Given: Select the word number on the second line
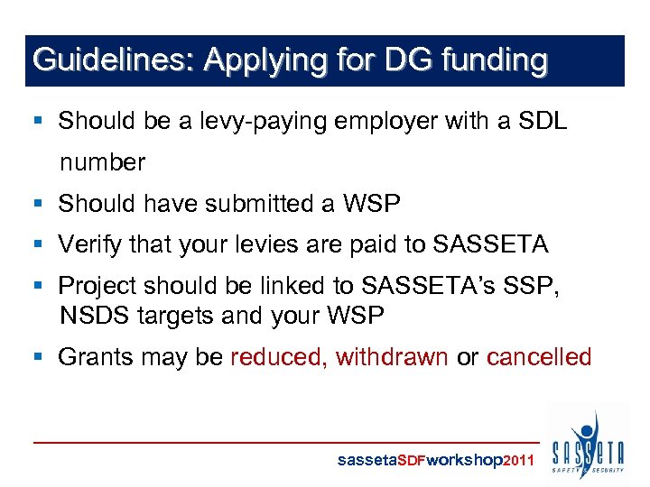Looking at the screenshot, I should point(102,162).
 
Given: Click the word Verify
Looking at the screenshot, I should point(88,244).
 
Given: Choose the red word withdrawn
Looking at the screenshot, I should point(392,356).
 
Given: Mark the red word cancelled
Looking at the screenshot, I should point(538,356).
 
